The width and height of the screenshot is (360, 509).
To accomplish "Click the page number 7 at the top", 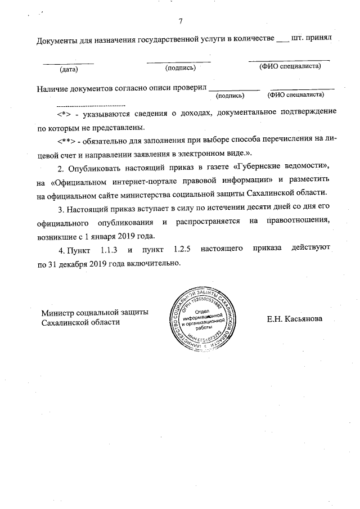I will coord(181,22).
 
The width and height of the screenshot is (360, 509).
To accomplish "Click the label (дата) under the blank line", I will coord(68,70).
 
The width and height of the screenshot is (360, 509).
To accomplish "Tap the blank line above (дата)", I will coord(68,62).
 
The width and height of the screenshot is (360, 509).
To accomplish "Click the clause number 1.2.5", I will coord(179,249).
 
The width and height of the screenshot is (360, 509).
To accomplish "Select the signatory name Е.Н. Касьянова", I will coord(295,319).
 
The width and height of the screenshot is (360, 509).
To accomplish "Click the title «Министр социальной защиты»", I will coord(95,312).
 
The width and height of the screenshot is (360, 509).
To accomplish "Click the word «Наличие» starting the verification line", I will coord(53,89).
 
